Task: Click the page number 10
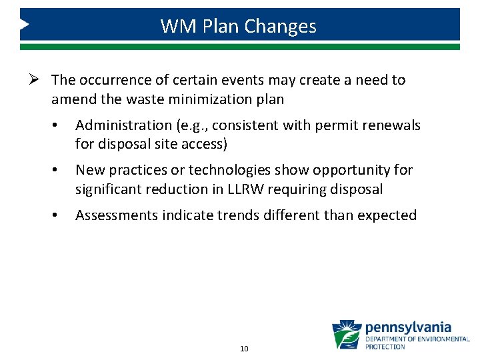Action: pyautogui.click(x=244, y=349)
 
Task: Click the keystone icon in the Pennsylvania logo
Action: pyautogui.click(x=347, y=335)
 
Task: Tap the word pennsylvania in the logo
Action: pyautogui.click(x=408, y=328)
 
